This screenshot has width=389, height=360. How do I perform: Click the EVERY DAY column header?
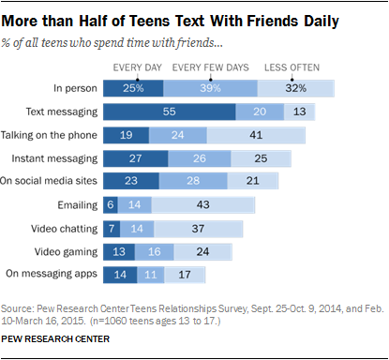138,67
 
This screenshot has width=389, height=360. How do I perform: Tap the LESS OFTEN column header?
291,67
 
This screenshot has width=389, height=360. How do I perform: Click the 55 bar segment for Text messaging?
169,111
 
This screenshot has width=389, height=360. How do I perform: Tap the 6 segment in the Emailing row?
111,204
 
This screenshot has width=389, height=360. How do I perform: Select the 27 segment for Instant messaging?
136,157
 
